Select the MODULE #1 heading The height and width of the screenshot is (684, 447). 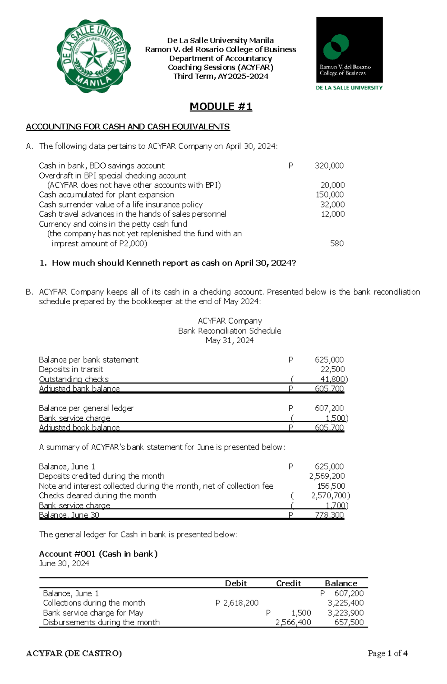click(x=221, y=107)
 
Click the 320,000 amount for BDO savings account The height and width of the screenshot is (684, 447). click(x=329, y=166)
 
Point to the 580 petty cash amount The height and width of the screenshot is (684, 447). click(x=337, y=243)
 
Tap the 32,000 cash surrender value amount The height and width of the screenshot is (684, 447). click(x=332, y=204)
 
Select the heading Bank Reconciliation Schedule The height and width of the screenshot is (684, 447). click(x=229, y=331)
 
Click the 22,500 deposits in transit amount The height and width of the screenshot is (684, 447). click(x=332, y=369)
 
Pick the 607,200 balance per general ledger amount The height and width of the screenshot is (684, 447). click(x=329, y=408)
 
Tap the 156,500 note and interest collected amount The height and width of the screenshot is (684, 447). click(x=331, y=486)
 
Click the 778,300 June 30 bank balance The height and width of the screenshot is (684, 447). click(x=329, y=515)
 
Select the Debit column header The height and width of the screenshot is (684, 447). click(x=236, y=583)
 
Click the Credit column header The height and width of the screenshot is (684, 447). click(x=288, y=583)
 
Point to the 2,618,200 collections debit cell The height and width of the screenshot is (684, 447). click(x=241, y=603)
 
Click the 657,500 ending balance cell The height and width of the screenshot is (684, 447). click(x=349, y=622)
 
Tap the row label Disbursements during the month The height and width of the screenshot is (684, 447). click(x=101, y=622)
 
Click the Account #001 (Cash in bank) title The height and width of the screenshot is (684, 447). click(x=98, y=554)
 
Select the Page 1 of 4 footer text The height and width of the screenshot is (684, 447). click(x=387, y=653)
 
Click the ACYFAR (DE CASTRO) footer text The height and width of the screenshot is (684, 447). click(x=74, y=653)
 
